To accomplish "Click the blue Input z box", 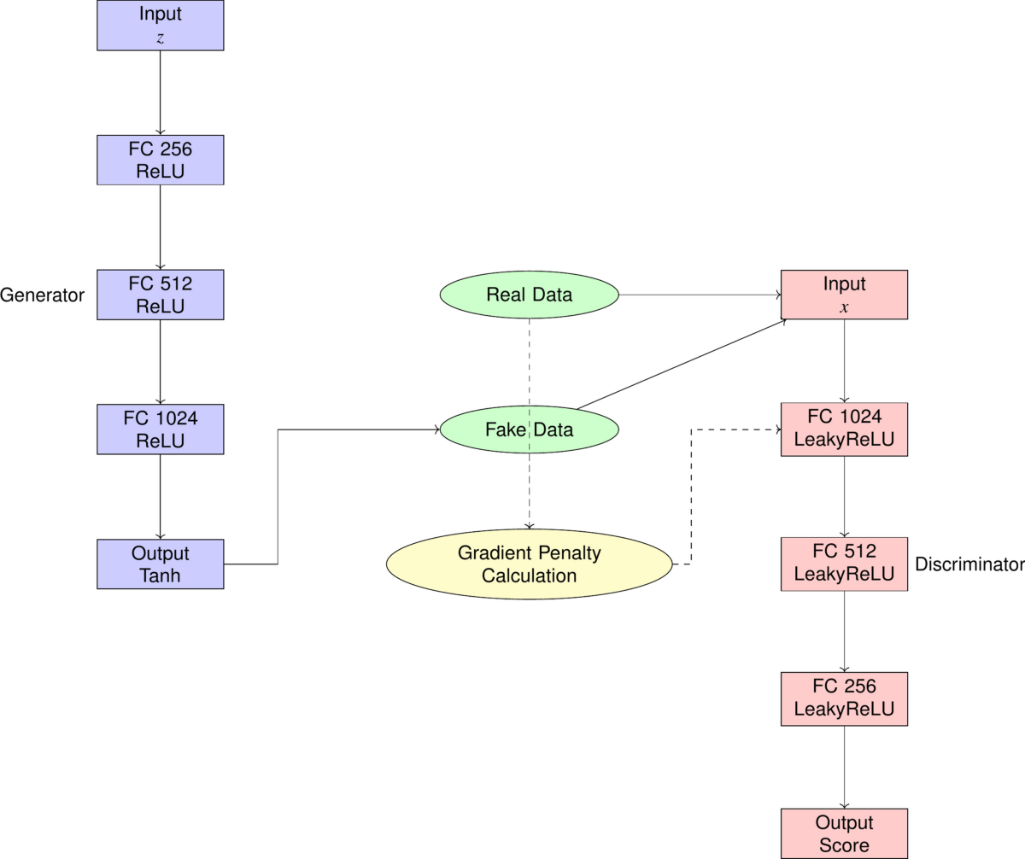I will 161,26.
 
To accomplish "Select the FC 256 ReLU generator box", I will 161,160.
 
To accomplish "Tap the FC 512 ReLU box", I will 161,295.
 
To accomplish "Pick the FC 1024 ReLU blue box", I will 161,429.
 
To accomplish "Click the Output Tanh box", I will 161,564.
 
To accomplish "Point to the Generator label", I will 43,295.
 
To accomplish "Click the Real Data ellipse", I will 529,295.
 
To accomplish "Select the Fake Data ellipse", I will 529,429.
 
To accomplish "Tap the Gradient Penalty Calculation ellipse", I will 529,564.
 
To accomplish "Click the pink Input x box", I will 844,295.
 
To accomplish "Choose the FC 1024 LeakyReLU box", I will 844,429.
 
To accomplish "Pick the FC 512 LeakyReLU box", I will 844,564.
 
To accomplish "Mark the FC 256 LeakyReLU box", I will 844,698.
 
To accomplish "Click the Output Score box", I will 844,833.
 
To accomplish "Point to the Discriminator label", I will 969,564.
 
